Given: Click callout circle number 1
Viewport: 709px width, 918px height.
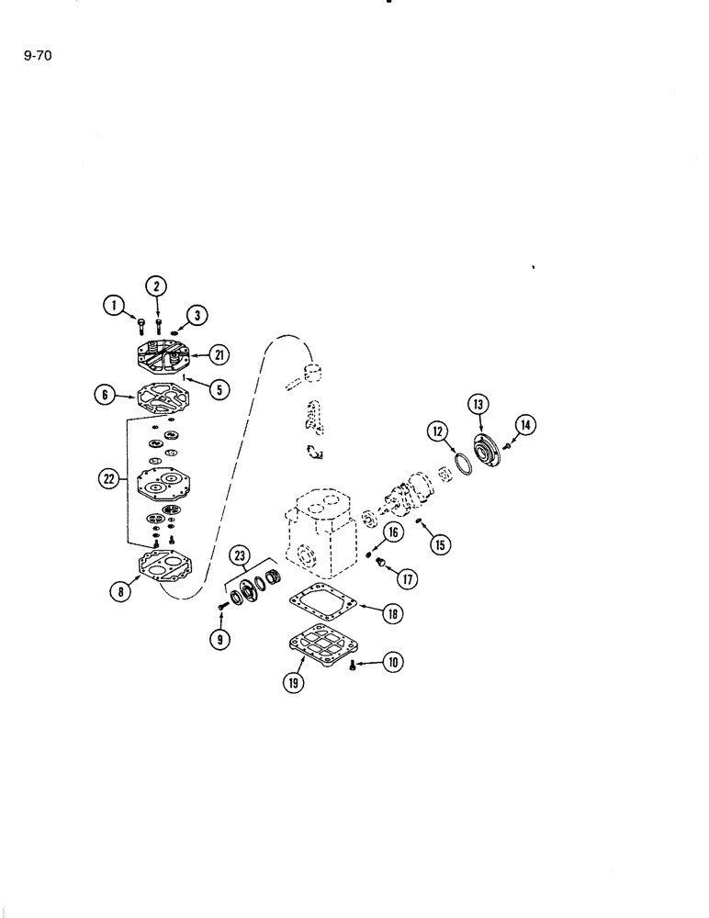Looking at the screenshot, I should (x=113, y=304).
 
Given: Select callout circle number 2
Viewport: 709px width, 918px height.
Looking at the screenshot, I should (x=157, y=285).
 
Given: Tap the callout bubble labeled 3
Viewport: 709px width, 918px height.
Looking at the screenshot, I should (x=197, y=316).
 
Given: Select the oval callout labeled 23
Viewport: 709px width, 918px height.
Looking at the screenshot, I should (x=241, y=554).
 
